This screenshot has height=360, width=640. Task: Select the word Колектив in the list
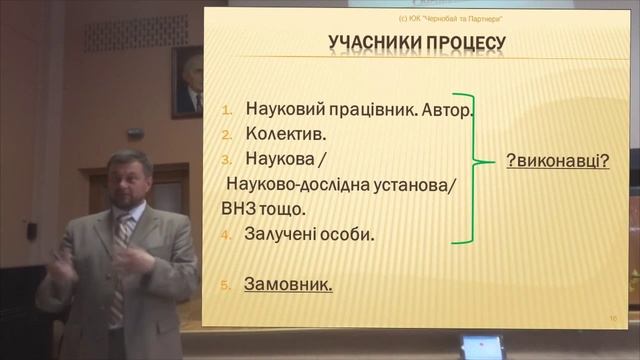click(x=277, y=132)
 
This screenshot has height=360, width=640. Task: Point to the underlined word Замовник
click(x=288, y=284)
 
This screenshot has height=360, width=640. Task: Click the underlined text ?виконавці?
click(x=558, y=160)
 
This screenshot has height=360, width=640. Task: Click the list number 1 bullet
click(x=227, y=109)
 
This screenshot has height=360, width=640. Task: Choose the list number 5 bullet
click(x=227, y=285)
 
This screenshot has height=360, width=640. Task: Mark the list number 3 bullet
click(x=227, y=159)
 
